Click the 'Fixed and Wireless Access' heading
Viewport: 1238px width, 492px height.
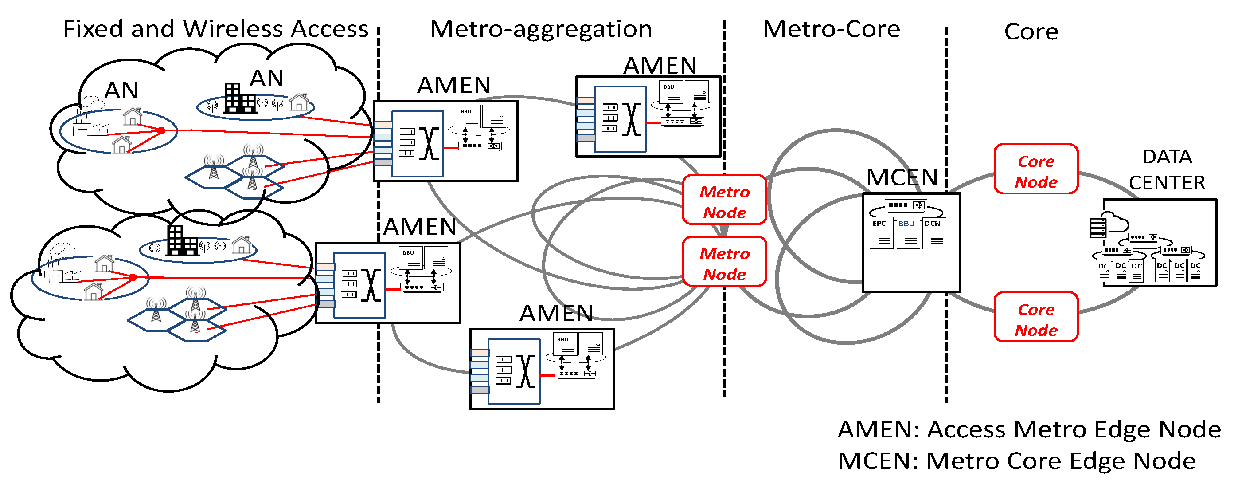[215, 29]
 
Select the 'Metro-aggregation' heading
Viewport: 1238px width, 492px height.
[541, 29]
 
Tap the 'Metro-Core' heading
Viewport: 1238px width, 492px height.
[831, 29]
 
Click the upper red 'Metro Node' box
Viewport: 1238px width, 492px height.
[724, 200]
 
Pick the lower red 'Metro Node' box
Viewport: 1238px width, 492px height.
[724, 262]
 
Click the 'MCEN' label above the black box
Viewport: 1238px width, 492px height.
[902, 178]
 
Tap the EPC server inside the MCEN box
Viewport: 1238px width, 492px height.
[881, 234]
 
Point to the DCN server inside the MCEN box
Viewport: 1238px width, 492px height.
[934, 234]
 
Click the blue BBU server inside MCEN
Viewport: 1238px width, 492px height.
[908, 234]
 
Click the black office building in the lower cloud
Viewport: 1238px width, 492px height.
[182, 241]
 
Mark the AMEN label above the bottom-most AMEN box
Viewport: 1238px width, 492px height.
[556, 314]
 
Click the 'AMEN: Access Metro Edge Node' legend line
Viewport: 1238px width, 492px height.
[1028, 429]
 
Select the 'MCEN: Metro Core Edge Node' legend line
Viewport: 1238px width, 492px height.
[1016, 461]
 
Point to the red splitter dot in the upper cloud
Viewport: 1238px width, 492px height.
[161, 130]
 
